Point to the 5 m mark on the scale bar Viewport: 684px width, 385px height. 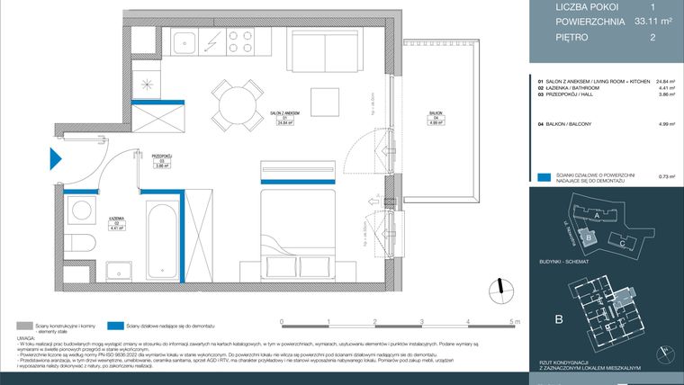coord(513,320)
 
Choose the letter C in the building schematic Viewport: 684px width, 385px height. coord(622,244)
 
